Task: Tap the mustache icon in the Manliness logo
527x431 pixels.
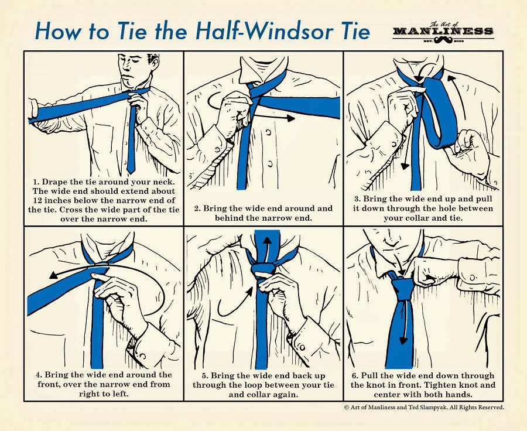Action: point(443,40)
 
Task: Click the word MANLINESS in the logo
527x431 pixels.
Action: point(443,31)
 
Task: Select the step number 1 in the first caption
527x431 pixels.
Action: point(36,182)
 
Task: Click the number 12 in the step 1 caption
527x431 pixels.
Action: point(37,201)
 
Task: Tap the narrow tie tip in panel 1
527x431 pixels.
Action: point(131,171)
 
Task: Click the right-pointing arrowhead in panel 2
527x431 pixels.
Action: point(291,118)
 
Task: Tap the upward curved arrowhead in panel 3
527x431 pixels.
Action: point(451,78)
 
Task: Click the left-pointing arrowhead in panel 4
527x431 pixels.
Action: point(54,275)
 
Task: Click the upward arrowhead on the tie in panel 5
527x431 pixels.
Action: point(267,241)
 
